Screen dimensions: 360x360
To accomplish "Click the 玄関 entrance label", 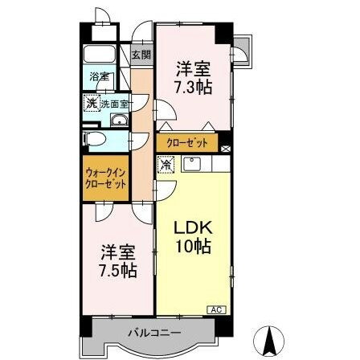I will click(141, 55).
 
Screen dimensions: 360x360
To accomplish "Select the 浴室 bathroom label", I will click(97, 80).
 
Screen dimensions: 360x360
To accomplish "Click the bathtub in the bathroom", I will click(102, 56).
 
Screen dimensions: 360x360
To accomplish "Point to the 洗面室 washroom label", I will click(110, 104).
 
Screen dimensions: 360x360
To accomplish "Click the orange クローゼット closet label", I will click(186, 142).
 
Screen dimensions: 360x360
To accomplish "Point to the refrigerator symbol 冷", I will click(166, 166).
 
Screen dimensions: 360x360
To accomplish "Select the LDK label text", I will click(193, 227).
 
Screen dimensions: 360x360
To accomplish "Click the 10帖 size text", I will click(194, 247).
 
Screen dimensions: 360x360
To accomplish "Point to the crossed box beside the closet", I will click(226, 148).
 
